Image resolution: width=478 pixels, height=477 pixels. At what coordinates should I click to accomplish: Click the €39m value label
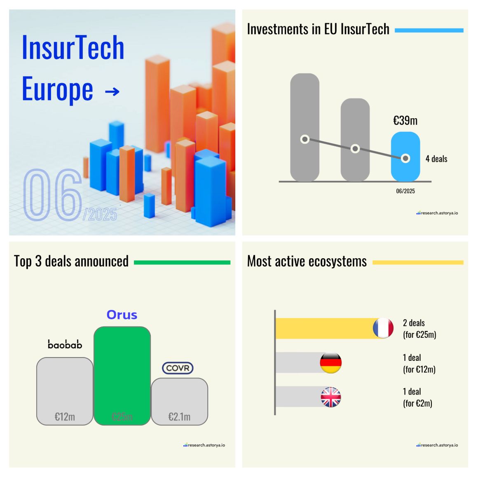click(x=405, y=121)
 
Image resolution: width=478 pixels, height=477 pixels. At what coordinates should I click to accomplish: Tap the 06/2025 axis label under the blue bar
click(x=405, y=191)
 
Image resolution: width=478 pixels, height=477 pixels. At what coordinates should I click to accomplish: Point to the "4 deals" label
click(x=436, y=159)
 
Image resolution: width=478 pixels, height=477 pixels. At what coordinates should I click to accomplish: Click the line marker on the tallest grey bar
click(x=305, y=139)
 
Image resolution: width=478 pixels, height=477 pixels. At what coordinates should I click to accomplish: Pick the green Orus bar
click(x=122, y=375)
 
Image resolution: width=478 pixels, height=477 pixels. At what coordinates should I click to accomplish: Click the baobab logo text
click(x=65, y=344)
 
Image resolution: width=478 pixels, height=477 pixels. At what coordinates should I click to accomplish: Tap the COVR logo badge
click(x=178, y=368)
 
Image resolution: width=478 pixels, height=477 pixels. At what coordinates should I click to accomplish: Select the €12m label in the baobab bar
click(x=65, y=417)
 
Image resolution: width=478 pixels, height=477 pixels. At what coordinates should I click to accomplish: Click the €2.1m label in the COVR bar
click(x=179, y=417)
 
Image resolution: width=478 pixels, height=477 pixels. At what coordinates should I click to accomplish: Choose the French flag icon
click(x=383, y=328)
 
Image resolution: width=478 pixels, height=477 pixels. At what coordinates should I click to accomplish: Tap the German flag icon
click(x=331, y=363)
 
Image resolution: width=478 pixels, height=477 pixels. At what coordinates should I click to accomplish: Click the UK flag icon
click(x=331, y=397)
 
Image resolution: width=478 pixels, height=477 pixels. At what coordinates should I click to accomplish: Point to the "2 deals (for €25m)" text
click(x=419, y=329)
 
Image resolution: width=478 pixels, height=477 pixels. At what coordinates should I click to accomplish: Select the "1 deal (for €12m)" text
click(x=419, y=363)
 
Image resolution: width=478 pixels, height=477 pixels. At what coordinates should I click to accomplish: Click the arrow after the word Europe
click(x=112, y=91)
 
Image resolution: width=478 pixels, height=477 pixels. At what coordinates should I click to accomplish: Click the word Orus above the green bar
click(x=122, y=315)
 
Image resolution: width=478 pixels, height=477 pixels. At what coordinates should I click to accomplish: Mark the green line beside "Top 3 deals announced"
click(x=182, y=262)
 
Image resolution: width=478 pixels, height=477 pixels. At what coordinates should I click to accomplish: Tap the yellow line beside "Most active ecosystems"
click(x=417, y=262)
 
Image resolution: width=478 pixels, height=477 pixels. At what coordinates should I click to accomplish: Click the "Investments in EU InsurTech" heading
click(x=318, y=30)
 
